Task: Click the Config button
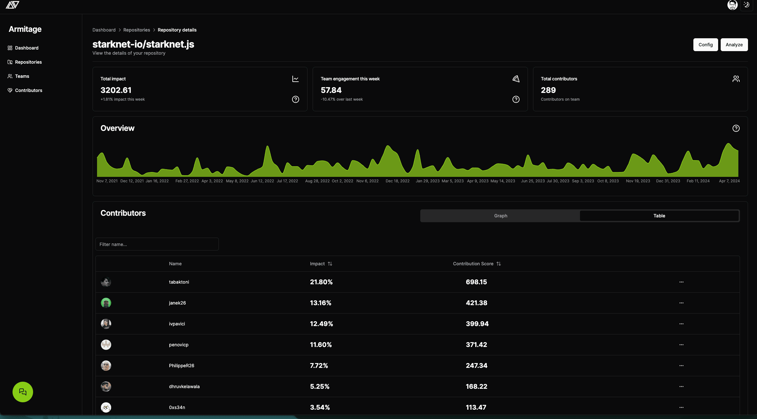[705, 45]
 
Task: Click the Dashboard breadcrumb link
[104, 30]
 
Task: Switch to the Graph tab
[500, 216]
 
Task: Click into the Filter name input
[157, 244]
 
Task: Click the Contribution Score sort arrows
[499, 264]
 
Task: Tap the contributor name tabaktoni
[179, 282]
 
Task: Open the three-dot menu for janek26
[681, 303]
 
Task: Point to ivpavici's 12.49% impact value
[321, 324]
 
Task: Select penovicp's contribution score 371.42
[476, 345]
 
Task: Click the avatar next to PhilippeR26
[106, 366]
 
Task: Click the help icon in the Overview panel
[736, 128]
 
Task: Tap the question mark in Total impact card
[296, 99]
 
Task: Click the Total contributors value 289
[548, 90]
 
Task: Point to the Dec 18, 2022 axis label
[397, 181]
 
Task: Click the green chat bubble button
[23, 392]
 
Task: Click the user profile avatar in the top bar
[732, 5]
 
